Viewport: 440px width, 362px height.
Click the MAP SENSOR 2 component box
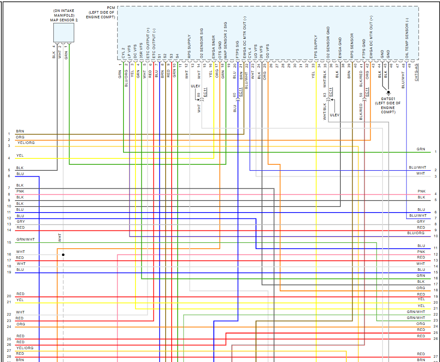[x=63, y=32]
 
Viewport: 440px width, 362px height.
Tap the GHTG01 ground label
[x=388, y=98]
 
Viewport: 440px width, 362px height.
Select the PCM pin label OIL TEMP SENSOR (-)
[x=407, y=38]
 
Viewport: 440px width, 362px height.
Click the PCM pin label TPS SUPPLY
[x=316, y=46]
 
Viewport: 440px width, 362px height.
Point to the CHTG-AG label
[x=416, y=72]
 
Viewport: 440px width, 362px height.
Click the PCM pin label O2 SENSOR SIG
[x=201, y=43]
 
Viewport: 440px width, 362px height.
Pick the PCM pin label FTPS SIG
[x=237, y=49]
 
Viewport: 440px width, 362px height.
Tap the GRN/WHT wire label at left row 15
[x=26, y=240]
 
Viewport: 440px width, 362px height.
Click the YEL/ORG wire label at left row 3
[x=26, y=143]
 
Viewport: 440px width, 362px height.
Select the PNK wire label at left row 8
[x=20, y=191]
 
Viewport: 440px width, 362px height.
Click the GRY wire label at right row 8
[x=421, y=221]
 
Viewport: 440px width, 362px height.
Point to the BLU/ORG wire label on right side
[x=416, y=233]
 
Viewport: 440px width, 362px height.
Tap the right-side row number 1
[x=436, y=152]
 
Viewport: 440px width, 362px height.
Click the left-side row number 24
[x=9, y=327]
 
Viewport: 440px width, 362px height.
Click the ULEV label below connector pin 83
[x=335, y=115]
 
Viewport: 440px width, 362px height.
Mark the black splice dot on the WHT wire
[x=63, y=255]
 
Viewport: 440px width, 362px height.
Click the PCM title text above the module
[x=112, y=8]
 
